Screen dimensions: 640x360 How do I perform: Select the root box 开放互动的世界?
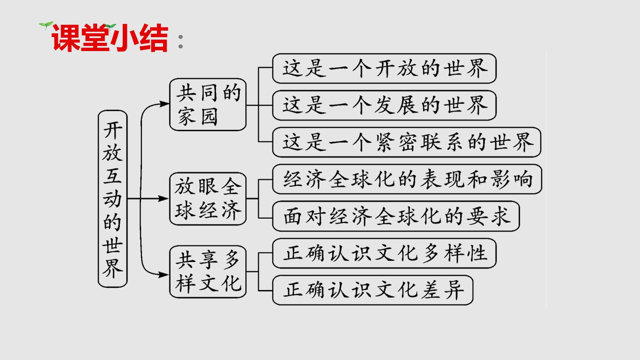click(x=113, y=199)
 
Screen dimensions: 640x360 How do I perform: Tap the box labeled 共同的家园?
click(x=208, y=104)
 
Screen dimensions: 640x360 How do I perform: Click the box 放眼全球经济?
click(x=208, y=199)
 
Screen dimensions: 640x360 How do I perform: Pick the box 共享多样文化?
click(x=208, y=272)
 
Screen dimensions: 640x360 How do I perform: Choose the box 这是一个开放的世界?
click(x=384, y=68)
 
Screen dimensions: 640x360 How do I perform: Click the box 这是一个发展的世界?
click(x=384, y=105)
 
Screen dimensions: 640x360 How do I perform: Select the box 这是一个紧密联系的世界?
click(x=407, y=142)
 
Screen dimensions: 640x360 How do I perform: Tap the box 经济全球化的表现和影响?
click(x=407, y=179)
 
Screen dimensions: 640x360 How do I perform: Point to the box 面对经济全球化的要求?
click(x=396, y=216)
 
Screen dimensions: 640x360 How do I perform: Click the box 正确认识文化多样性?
click(x=384, y=253)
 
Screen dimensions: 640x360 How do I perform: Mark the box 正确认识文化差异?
click(x=373, y=290)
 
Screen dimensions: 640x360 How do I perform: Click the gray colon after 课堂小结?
click(x=181, y=41)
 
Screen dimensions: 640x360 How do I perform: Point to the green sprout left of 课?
click(x=46, y=25)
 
